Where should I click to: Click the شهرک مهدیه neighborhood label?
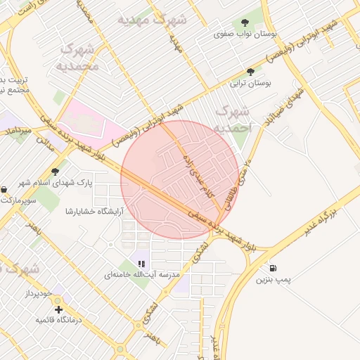click(153, 20)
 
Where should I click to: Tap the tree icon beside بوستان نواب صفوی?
click(245, 22)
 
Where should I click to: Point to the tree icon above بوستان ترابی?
click(250, 72)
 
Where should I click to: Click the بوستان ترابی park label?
click(251, 83)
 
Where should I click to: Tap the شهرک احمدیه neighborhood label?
click(232, 120)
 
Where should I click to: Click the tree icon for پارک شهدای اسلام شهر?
click(55, 172)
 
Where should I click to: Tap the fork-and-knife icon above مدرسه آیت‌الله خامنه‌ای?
click(142, 264)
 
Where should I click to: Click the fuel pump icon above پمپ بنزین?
click(272, 268)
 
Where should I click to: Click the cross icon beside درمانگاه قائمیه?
click(58, 309)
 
